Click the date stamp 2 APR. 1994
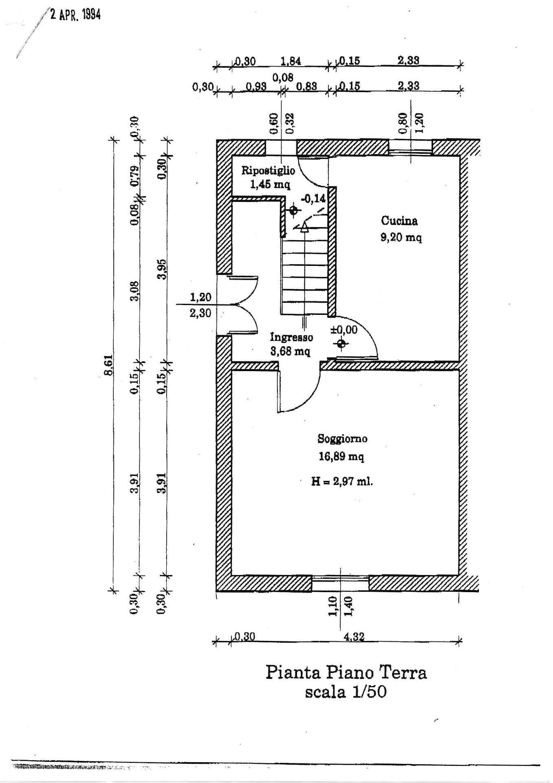[x=75, y=15]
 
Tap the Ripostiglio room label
[x=268, y=170]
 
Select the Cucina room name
[x=399, y=221]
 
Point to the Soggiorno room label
[x=342, y=439]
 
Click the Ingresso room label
[x=291, y=337]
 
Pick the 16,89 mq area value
[x=341, y=456]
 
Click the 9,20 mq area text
[x=401, y=237]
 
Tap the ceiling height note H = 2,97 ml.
[x=342, y=482]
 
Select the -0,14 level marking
[x=313, y=199]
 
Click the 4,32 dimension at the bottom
[x=354, y=637]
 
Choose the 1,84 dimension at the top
[x=291, y=61]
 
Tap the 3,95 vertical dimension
[x=162, y=269]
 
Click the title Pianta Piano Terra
[x=346, y=672]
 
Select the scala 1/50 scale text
[x=346, y=692]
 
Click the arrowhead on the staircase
[x=304, y=228]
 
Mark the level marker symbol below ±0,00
[x=341, y=344]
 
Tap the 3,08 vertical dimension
[x=135, y=291]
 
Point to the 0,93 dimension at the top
[x=256, y=86]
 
